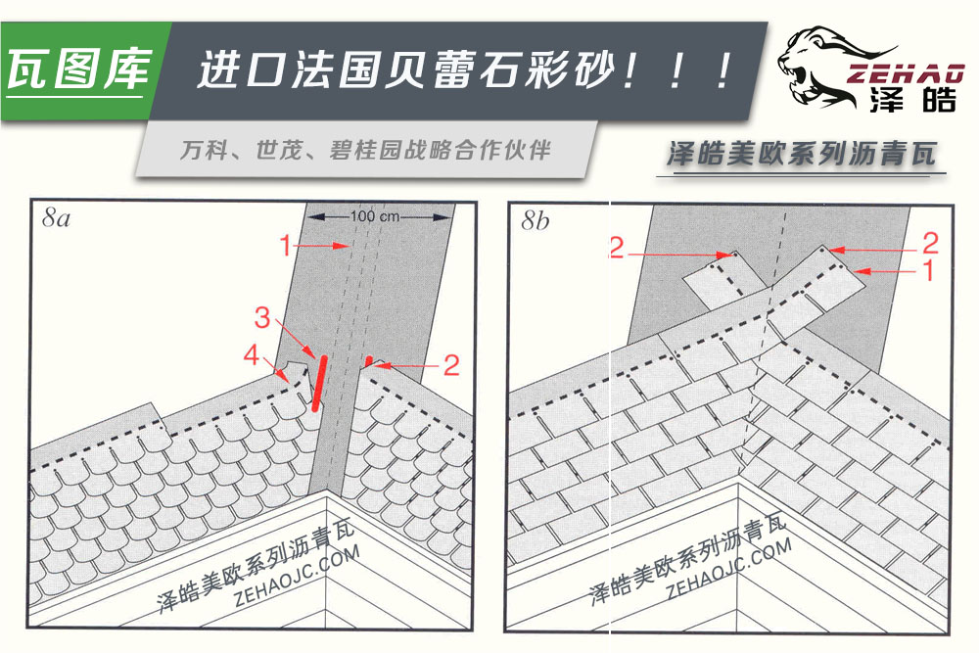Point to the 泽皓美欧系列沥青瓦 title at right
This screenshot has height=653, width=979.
[x=799, y=154]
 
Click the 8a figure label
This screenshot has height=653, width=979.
[x=57, y=219]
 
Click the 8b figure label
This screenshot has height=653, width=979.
[x=536, y=222]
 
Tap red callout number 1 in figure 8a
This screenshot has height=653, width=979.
[x=285, y=246]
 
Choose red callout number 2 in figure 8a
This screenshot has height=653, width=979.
[x=450, y=366]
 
